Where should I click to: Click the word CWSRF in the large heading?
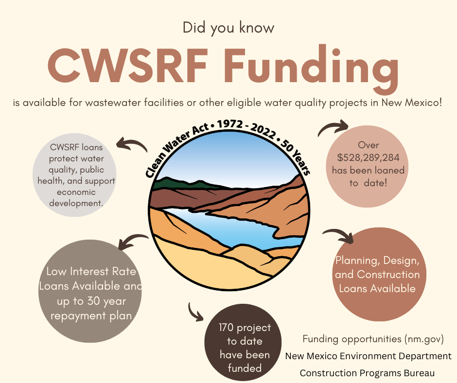pos(128,65)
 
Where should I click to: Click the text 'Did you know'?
pos(228,28)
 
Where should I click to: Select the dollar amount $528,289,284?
pos(368,157)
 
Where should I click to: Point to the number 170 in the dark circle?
pos(226,327)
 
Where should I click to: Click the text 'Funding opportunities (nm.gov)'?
pos(373,339)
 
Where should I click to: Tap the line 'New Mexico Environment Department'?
pos(369,356)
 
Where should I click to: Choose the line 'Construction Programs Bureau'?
pos(367,373)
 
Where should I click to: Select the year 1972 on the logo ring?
pos(230,124)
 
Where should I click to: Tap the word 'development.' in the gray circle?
pos(76,203)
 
